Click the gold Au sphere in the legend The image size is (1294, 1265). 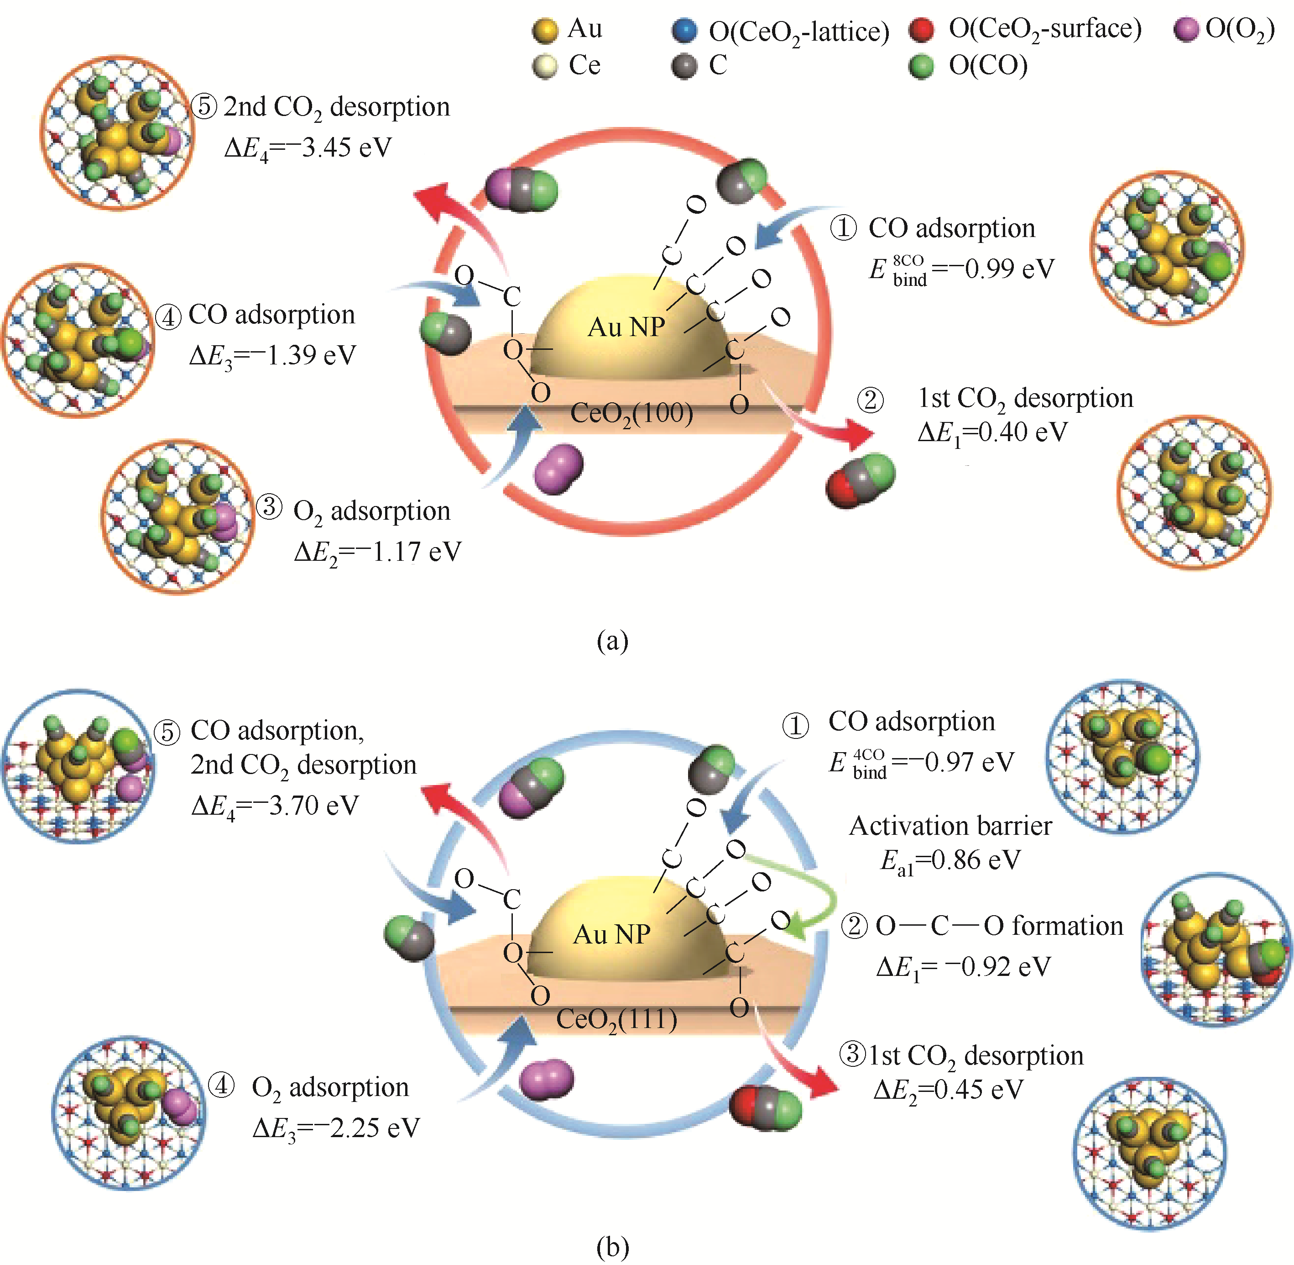tap(545, 31)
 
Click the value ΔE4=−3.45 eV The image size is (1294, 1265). tap(308, 148)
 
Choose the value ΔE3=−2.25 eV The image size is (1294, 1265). tap(336, 1128)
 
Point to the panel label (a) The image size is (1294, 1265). tap(612, 641)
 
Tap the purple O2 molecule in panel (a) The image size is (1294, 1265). tap(558, 469)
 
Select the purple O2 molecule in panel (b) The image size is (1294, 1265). tap(546, 1079)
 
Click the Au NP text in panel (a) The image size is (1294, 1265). tap(626, 327)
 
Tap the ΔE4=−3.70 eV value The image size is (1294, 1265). tap(275, 806)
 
